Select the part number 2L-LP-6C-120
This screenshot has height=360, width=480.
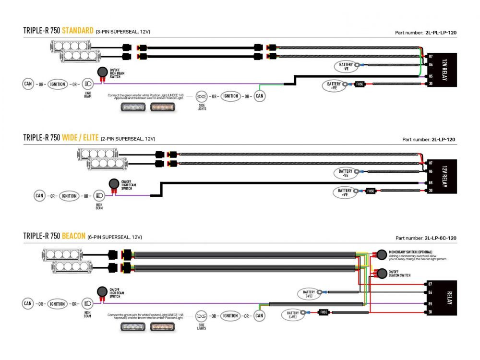coord(440,238)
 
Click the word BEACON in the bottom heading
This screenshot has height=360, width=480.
coord(73,236)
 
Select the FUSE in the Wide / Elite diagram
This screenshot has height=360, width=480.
coord(371,191)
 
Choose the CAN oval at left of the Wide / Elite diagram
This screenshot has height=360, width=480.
coord(40,196)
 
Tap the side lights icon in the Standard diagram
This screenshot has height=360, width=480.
coord(202,96)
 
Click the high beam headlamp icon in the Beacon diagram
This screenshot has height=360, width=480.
coord(88,303)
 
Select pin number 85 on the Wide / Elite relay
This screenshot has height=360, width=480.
coord(430,183)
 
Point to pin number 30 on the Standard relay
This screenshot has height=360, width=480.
coord(431,84)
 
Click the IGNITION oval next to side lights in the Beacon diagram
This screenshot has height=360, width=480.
coord(230,316)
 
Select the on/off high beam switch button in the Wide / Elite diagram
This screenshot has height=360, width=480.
coord(114,183)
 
